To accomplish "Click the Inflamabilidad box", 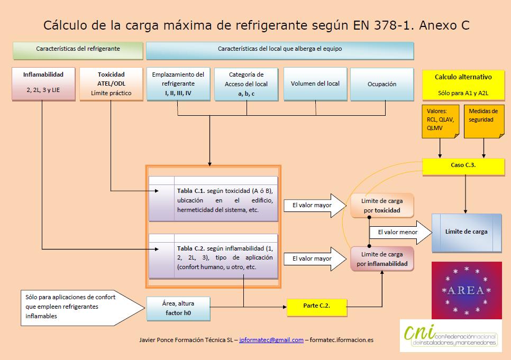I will pos(43,83).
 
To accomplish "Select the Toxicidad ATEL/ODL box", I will pos(111,83).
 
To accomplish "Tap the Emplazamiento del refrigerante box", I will pos(178,84).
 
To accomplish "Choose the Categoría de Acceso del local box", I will pos(246,84).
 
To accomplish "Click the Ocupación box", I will pos(381,84).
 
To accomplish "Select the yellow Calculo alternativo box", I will pos(463,84).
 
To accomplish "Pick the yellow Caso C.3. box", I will pos(463,165).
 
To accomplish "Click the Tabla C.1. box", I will pos(213,198).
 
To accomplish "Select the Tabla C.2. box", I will pos(213,255).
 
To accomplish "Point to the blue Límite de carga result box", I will pos(467,232).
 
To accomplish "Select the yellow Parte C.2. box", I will pos(317,306).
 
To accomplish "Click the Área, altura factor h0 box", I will pos(178,309).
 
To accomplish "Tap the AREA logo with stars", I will pos(466,290).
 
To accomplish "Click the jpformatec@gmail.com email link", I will pos(271,340).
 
